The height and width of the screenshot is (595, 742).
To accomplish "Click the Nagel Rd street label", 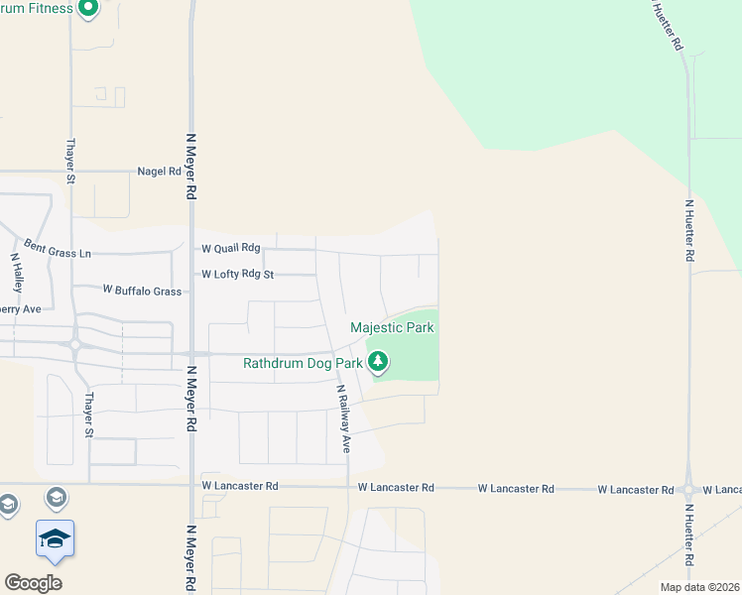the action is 161,172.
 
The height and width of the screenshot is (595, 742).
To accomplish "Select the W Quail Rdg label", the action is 230,248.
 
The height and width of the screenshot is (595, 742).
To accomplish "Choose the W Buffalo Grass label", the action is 143,291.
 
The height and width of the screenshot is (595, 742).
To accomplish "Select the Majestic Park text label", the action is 392,327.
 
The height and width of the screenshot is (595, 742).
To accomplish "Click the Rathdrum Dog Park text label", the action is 302,363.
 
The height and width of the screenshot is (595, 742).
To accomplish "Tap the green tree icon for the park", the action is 378,364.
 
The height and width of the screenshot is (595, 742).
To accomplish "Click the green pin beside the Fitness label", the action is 88,9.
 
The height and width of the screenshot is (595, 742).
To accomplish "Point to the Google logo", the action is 33,582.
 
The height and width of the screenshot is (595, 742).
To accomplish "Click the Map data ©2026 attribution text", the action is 700,587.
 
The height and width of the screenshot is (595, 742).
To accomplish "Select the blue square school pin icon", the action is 55,538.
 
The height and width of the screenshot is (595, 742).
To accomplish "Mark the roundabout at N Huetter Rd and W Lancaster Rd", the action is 687,489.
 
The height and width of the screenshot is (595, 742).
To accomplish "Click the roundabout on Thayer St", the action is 74,345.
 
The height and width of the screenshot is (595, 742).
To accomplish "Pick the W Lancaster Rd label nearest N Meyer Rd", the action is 240,487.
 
